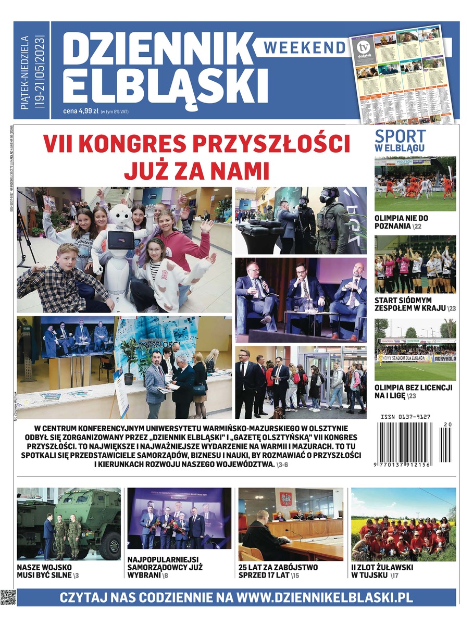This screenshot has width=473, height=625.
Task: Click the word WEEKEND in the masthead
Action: (305, 47)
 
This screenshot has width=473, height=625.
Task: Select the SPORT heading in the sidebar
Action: (400, 136)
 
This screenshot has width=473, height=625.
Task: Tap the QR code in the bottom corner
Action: (8, 597)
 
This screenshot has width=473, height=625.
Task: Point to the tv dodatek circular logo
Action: (359, 46)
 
